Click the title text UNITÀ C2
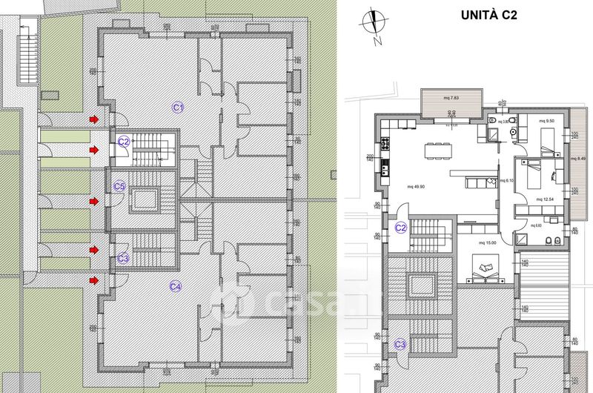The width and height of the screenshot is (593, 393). point(488,15)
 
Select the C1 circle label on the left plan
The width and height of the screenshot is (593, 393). point(178,108)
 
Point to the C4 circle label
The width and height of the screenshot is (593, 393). point(176,286)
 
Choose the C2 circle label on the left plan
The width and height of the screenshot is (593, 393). point(124,141)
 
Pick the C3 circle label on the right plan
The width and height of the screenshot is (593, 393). point(400,344)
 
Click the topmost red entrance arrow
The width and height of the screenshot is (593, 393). point(93,119)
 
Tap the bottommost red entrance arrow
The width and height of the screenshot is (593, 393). point(93,280)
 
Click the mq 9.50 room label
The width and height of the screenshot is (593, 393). point(547,120)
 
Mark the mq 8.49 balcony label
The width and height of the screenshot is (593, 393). point(578,158)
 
